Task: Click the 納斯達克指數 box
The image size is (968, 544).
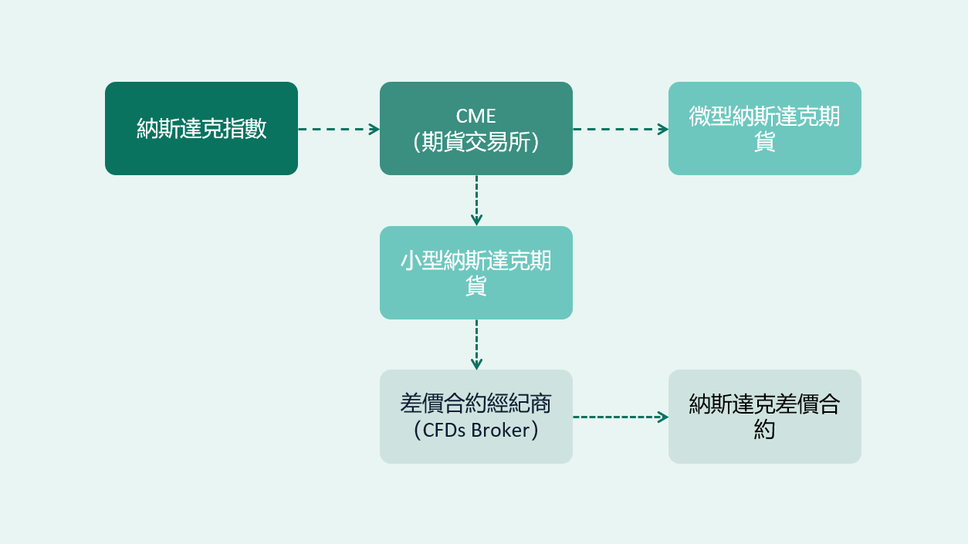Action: pyautogui.click(x=201, y=128)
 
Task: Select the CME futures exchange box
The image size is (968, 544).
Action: pyautogui.click(x=476, y=128)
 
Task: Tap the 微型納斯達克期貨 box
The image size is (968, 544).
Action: pyautogui.click(x=765, y=128)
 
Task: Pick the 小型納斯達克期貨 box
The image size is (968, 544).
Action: pyautogui.click(x=476, y=272)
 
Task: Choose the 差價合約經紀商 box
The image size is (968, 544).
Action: pyautogui.click(x=476, y=417)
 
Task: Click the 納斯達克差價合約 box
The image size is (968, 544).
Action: pyautogui.click(x=765, y=417)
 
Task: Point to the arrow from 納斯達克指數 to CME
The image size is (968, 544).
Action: pyautogui.click(x=338, y=129)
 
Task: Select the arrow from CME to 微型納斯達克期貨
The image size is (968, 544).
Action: pyautogui.click(x=620, y=129)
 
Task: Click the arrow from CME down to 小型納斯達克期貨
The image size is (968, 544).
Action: pyautogui.click(x=476, y=200)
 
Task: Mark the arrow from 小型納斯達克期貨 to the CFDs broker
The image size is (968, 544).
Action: pyautogui.click(x=476, y=344)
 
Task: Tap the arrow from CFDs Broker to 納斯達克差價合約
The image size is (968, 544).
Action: pyautogui.click(x=620, y=417)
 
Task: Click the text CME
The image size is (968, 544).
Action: pyautogui.click(x=476, y=117)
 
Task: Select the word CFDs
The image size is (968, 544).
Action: pyautogui.click(x=439, y=430)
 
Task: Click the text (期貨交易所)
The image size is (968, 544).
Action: pyautogui.click(x=476, y=142)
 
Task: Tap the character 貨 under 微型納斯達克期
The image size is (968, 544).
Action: pyautogui.click(x=765, y=142)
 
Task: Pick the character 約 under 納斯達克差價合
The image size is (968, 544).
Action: pyautogui.click(x=765, y=430)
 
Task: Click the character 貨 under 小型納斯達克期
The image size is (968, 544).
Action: pyautogui.click(x=476, y=286)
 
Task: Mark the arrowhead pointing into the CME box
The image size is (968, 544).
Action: pyautogui.click(x=374, y=129)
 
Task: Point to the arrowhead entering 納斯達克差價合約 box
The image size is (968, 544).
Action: pyautogui.click(x=663, y=417)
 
